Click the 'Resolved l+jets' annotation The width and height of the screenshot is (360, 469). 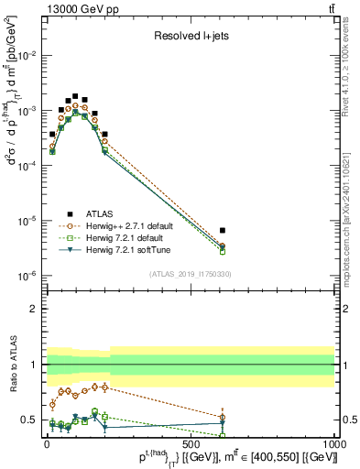tap(191, 38)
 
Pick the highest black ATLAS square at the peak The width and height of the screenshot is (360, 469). tap(75, 95)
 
